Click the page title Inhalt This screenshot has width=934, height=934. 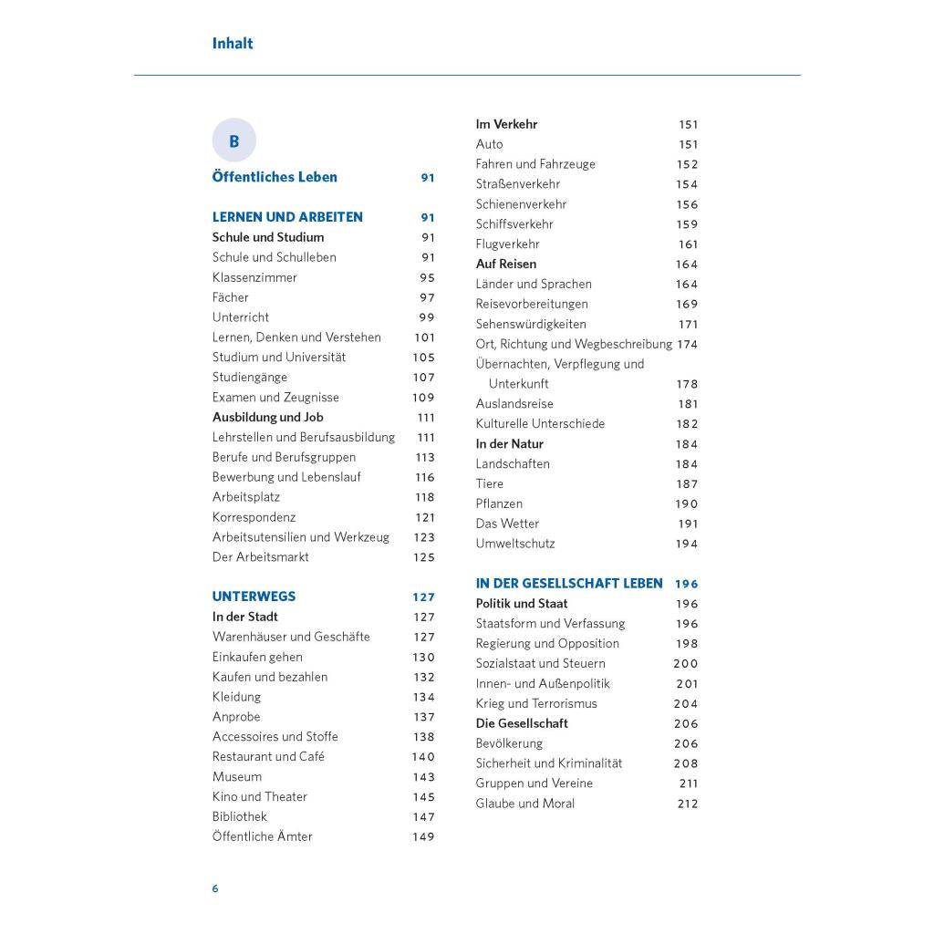[232, 43]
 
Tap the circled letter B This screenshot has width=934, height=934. [234, 141]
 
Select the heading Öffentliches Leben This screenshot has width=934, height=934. [275, 177]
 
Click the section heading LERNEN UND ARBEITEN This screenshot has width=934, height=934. [287, 217]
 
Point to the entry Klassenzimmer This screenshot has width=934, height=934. [254, 277]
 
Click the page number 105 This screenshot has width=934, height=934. [423, 358]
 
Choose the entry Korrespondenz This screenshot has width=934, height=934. [254, 517]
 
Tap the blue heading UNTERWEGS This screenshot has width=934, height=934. [254, 597]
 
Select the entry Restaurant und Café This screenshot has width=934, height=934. [268, 756]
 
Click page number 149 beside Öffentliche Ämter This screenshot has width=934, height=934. [423, 836]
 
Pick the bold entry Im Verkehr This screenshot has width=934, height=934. [506, 124]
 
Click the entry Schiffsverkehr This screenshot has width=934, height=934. [514, 224]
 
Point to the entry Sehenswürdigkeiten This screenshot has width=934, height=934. [531, 324]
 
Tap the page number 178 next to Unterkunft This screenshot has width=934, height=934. [687, 384]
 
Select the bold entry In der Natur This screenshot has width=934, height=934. [509, 444]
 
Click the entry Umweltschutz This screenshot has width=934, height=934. [515, 544]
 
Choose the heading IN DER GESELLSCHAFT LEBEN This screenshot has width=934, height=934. [569, 584]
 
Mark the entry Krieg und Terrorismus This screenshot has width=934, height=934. [536, 703]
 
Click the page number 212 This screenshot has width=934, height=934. [688, 804]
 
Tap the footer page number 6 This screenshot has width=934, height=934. [215, 888]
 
